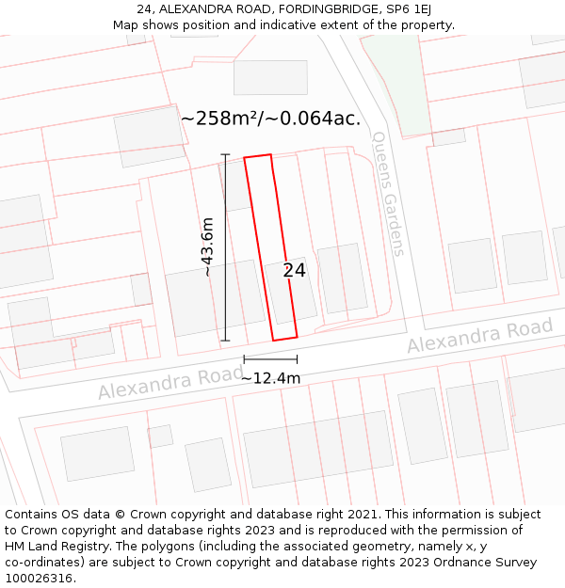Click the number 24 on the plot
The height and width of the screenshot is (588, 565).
(x=294, y=270)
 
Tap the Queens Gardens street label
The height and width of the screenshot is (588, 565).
(x=388, y=193)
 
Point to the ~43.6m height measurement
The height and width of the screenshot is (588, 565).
(x=207, y=246)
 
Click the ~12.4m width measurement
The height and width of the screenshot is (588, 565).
(x=270, y=378)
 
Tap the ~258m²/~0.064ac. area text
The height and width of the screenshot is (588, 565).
(x=270, y=119)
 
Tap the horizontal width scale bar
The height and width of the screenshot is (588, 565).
(x=270, y=358)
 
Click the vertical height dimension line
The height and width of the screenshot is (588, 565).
(x=225, y=246)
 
